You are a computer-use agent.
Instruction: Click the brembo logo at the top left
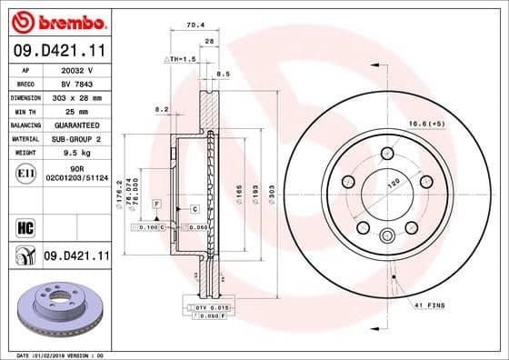[x=56, y=20]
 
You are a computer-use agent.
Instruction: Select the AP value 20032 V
[x=76, y=69]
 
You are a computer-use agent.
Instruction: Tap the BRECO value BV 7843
[x=76, y=83]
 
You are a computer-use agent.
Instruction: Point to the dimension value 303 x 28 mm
[x=76, y=96]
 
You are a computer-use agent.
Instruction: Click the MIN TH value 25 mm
[x=76, y=110]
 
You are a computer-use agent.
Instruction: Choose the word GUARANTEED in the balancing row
[x=76, y=124]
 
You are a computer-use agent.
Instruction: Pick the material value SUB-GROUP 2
[x=76, y=138]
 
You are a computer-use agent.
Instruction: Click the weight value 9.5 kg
[x=76, y=153]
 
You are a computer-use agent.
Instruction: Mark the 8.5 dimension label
[x=224, y=73]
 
